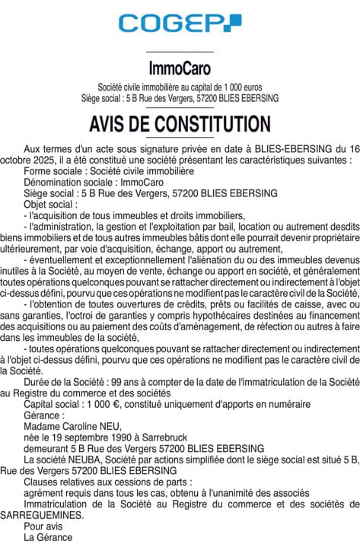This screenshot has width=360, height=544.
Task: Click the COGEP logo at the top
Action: pyautogui.click(x=180, y=24)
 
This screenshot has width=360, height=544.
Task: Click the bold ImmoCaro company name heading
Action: pyautogui.click(x=180, y=67)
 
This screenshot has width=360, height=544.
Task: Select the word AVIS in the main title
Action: pyautogui.click(x=110, y=123)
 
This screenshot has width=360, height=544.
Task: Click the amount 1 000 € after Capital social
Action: pyautogui.click(x=105, y=404)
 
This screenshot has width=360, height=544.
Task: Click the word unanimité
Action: pyautogui.click(x=222, y=492)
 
